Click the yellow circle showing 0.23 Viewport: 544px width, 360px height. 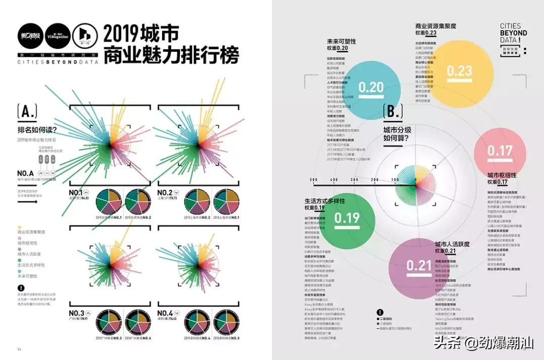459,71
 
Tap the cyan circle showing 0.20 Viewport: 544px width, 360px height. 371,88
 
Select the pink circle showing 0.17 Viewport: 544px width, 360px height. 499,151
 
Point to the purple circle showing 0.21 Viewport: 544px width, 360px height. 419,266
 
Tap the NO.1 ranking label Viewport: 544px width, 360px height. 76,192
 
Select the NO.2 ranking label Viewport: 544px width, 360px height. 165,192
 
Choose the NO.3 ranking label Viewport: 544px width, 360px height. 76,313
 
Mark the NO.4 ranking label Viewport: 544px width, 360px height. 165,313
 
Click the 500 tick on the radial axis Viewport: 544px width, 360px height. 313,180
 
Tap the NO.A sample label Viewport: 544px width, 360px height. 25,173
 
